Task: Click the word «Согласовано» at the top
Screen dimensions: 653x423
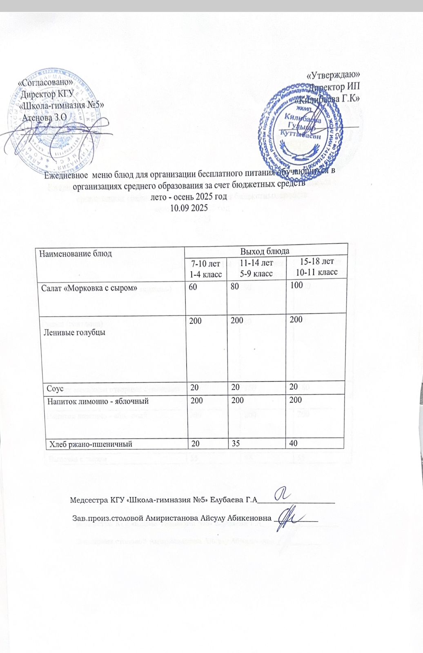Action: pyautogui.click(x=46, y=82)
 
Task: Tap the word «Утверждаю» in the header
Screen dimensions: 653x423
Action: pyautogui.click(x=333, y=75)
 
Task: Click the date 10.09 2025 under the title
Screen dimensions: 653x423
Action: pyautogui.click(x=189, y=208)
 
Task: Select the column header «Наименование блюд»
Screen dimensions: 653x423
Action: pyautogui.click(x=76, y=253)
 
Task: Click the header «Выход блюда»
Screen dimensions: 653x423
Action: pyautogui.click(x=265, y=251)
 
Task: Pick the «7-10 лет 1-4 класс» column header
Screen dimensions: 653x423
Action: pyautogui.click(x=206, y=268)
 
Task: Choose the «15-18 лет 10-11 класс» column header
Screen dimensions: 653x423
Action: pyautogui.click(x=316, y=267)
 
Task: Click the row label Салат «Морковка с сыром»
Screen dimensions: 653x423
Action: pyautogui.click(x=89, y=288)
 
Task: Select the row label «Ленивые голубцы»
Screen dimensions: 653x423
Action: pyautogui.click(x=74, y=332)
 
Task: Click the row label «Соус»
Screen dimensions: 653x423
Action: pyautogui.click(x=55, y=389)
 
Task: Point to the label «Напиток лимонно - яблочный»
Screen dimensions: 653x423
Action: pyautogui.click(x=98, y=401)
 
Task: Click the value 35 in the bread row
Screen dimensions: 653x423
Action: pyautogui.click(x=236, y=444)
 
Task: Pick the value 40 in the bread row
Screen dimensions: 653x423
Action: pyautogui.click(x=293, y=443)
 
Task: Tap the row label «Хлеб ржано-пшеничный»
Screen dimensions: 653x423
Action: pyautogui.click(x=91, y=444)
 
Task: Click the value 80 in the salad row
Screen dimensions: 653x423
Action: pyautogui.click(x=234, y=287)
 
